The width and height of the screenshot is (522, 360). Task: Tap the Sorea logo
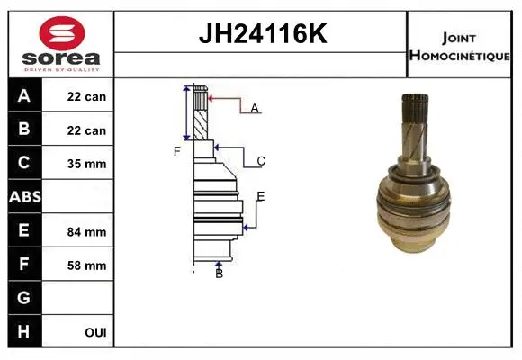click(62, 42)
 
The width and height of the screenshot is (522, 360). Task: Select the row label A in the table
click(24, 95)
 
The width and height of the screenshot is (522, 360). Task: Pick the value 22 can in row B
click(87, 130)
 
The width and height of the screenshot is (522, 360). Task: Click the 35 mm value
click(87, 164)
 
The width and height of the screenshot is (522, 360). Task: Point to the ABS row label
click(24, 197)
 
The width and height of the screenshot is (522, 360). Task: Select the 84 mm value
click(87, 231)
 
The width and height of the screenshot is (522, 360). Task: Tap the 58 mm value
click(87, 265)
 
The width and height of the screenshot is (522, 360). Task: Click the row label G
click(24, 297)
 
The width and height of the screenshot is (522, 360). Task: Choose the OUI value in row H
click(94, 332)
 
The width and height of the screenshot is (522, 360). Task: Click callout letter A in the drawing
click(255, 108)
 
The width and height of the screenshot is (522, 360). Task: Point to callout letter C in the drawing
click(260, 161)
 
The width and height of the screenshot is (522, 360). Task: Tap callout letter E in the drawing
click(260, 196)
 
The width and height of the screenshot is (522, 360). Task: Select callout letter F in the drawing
click(177, 151)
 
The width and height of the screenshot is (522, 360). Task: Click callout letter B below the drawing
click(219, 273)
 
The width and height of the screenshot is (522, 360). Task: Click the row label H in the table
click(24, 331)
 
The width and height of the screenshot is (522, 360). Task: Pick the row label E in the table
click(24, 230)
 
